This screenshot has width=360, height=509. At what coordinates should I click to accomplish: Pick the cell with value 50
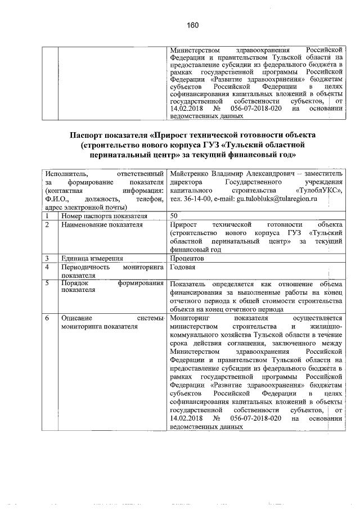point(174,215)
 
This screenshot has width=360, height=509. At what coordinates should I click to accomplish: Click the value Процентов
point(187,258)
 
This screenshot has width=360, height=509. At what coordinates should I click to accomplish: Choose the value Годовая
point(183,267)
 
